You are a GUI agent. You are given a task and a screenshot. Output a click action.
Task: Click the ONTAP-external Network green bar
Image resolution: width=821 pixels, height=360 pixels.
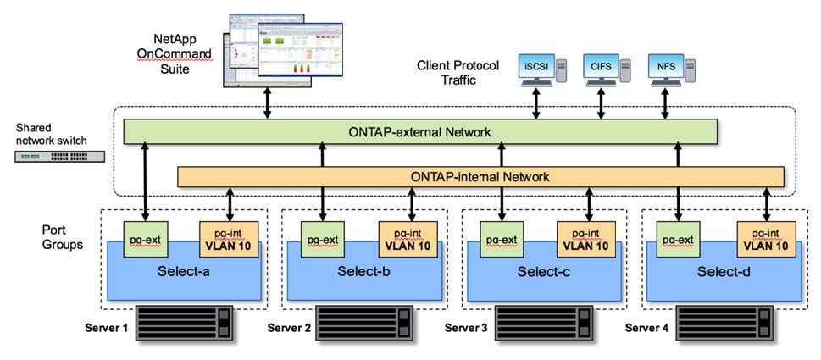point(419,131)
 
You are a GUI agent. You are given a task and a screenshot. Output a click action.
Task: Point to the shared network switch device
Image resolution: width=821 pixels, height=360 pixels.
point(59,157)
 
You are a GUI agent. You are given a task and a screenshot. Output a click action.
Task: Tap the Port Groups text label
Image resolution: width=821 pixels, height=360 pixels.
point(64,237)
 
